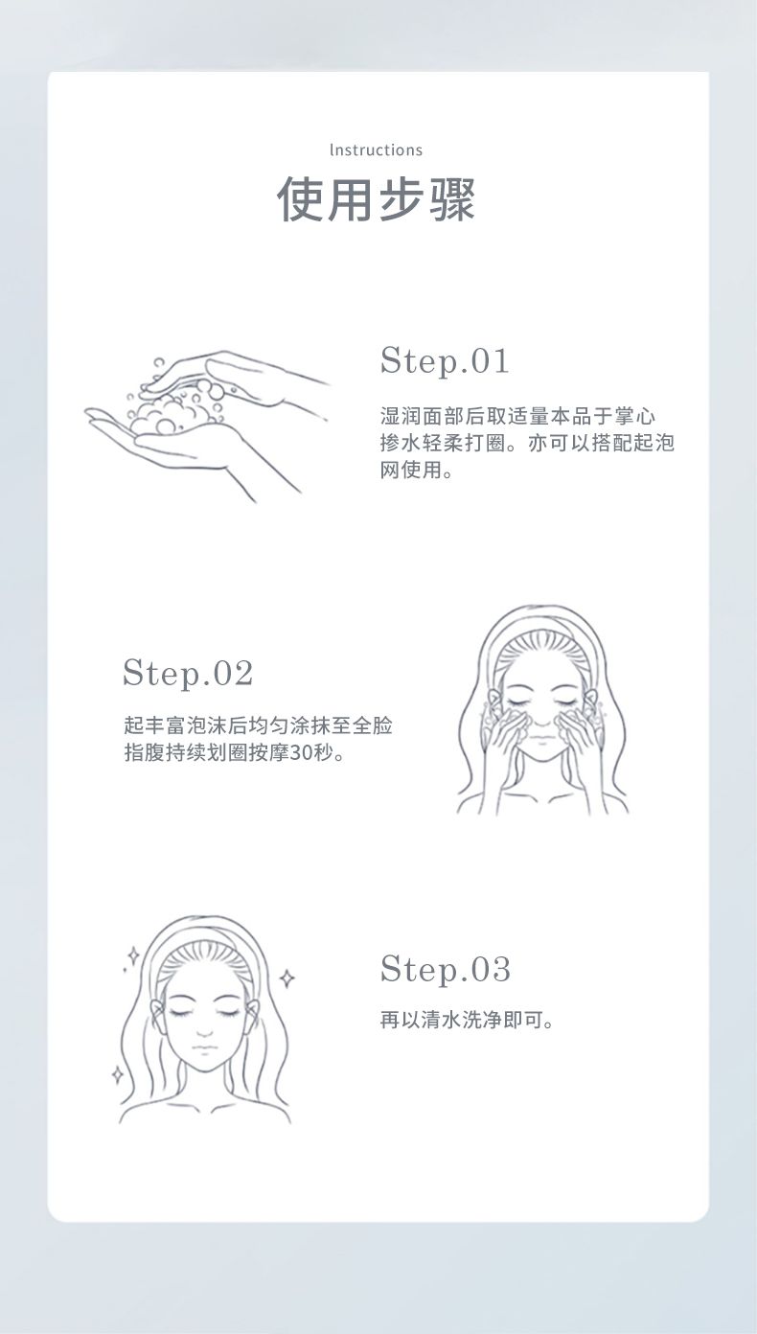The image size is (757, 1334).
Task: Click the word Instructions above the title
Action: [x=376, y=150]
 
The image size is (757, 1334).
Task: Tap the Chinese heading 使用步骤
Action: [x=376, y=199]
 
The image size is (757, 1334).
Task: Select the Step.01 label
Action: [x=445, y=361]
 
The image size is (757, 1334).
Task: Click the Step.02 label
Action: [x=188, y=674]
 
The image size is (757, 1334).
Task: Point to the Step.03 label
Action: [x=446, y=969]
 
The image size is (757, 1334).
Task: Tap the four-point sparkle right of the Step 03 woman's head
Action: [x=287, y=977]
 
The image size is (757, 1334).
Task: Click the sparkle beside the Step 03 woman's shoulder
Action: [x=118, y=1073]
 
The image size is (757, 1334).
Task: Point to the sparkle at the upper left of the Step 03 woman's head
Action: [x=133, y=955]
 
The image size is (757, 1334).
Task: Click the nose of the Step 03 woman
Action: [x=204, y=1032]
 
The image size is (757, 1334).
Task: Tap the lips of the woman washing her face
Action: [x=540, y=739]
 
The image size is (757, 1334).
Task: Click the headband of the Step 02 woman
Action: [x=542, y=621]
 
